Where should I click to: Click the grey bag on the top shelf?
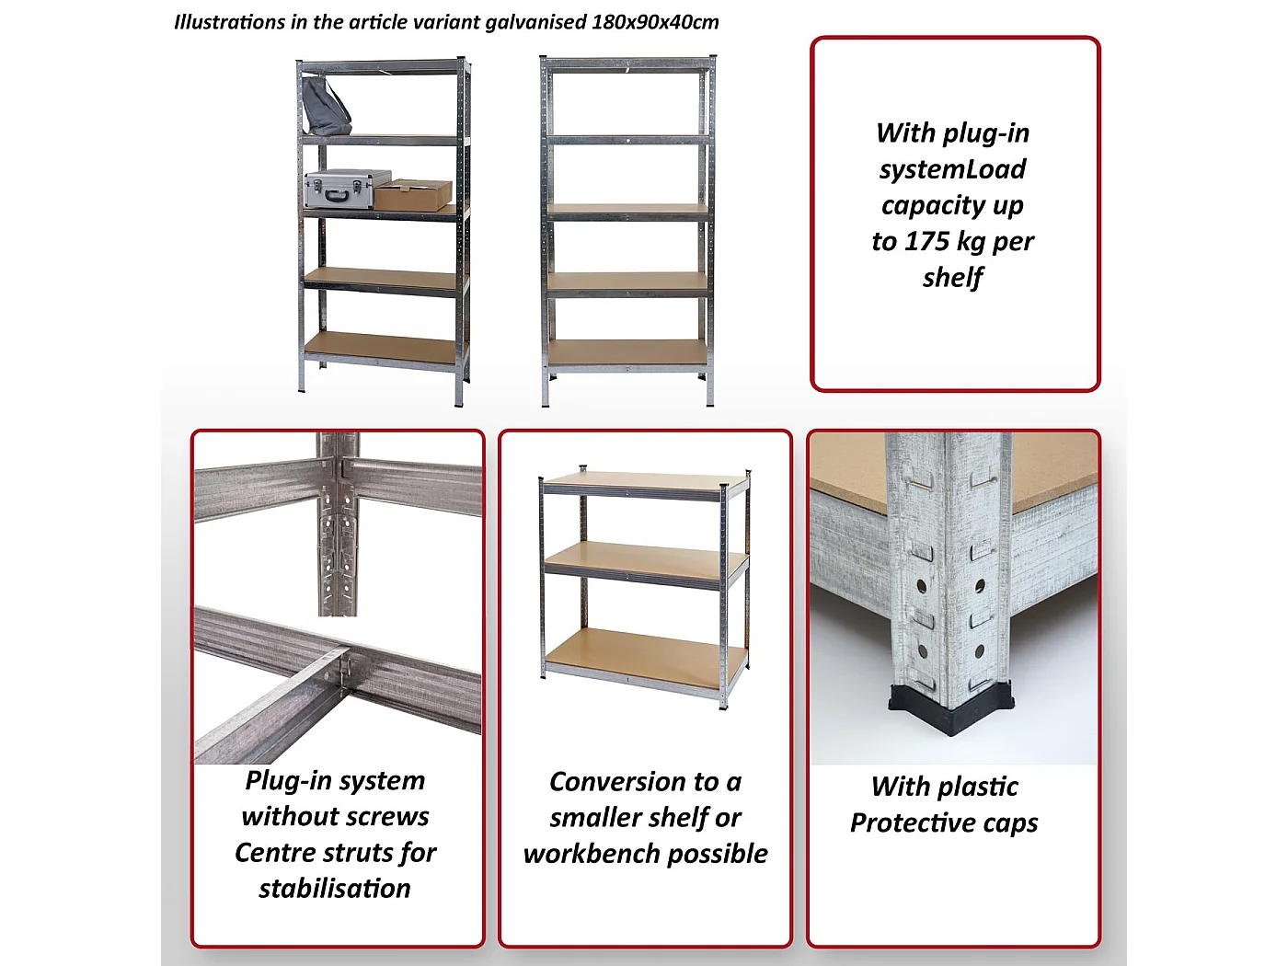click(326, 106)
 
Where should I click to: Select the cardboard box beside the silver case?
click(413, 195)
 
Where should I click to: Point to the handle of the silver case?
click(336, 195)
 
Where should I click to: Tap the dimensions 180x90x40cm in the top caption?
click(655, 22)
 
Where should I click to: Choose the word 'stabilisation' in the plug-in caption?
click(335, 889)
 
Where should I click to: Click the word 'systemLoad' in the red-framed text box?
click(952, 169)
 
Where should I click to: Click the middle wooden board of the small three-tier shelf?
click(646, 559)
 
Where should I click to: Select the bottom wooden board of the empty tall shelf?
click(627, 352)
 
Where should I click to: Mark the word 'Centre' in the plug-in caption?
click(272, 853)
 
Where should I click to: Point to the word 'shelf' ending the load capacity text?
click(952, 278)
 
